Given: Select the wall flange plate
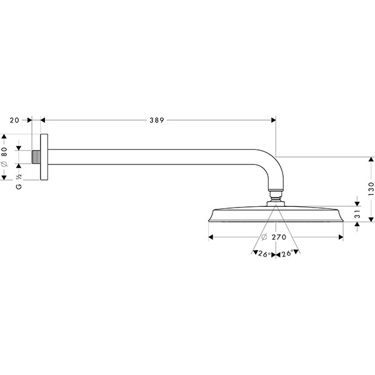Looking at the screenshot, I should click(44, 156).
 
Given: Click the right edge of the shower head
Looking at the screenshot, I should click(341, 216).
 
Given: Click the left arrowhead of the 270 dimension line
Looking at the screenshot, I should click(211, 237).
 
